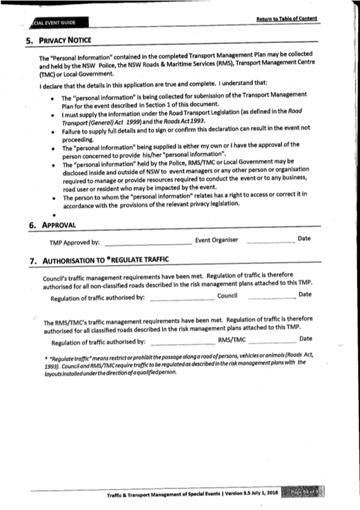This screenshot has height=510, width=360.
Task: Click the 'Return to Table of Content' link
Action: pyautogui.click(x=286, y=19)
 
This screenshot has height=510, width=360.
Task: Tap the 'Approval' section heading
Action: pyautogui.click(x=58, y=224)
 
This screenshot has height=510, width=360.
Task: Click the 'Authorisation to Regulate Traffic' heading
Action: pyautogui.click(x=106, y=261)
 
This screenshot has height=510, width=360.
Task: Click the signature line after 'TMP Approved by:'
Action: pyautogui.click(x=148, y=244)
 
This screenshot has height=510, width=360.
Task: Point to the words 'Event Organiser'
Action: pyautogui.click(x=217, y=240)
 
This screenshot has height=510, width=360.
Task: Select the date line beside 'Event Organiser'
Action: pyautogui.click(x=270, y=243)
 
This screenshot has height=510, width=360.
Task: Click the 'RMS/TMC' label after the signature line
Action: pyautogui.click(x=231, y=339)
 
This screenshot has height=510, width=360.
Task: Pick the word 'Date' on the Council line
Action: pyautogui.click(x=306, y=294)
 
